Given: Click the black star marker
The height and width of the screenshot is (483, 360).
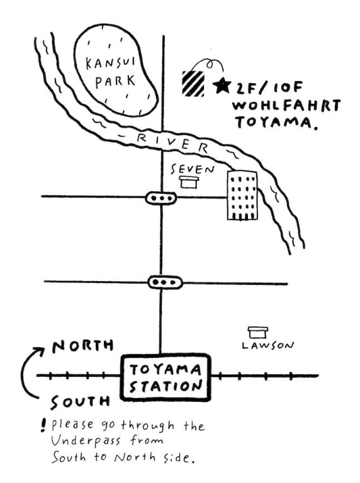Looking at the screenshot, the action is (222, 86).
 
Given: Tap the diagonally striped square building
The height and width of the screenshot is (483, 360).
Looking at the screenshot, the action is (193, 84).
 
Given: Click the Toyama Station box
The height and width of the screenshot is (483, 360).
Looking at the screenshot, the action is (166, 377).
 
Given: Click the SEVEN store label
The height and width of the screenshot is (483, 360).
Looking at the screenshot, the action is (193, 169).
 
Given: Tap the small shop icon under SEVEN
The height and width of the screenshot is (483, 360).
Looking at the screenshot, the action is (189, 182).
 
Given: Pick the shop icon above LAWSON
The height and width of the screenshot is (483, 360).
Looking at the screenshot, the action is (258, 332).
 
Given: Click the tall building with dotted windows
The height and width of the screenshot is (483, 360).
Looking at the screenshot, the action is (242, 196).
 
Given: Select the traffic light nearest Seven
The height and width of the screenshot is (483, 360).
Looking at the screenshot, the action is (161, 197).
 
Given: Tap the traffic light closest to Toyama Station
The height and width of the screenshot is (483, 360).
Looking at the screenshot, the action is (165, 282).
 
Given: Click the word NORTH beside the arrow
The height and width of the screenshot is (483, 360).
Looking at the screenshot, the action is (82, 346).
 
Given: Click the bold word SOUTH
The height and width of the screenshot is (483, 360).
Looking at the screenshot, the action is (81, 401).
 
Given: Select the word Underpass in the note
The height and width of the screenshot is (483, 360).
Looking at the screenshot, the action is (86, 441).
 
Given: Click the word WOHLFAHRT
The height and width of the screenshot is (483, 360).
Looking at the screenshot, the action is (286, 106).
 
